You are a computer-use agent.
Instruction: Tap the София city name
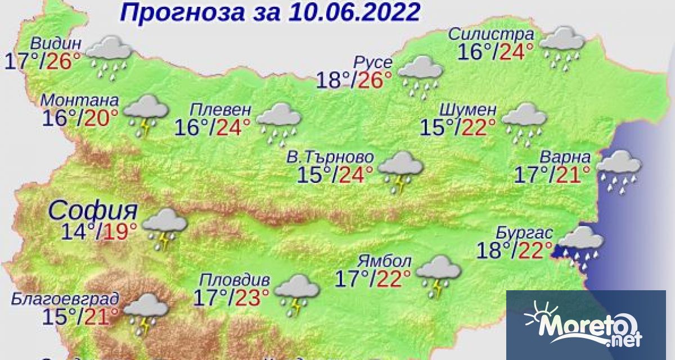click(93, 211)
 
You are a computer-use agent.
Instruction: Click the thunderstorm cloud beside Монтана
click(146, 115)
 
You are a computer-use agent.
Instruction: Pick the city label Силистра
click(490, 34)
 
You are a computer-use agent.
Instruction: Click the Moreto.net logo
click(585, 325)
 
